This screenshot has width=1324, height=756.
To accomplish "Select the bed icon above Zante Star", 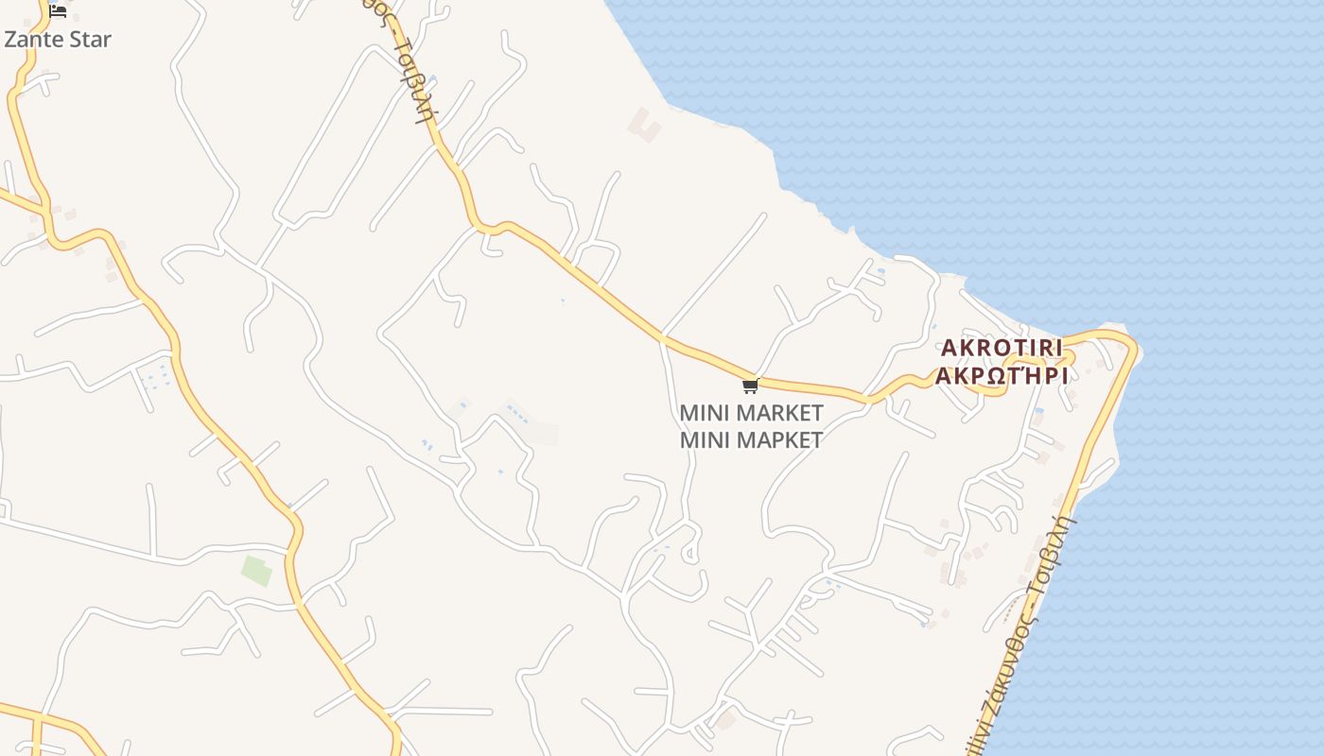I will coord(58,11).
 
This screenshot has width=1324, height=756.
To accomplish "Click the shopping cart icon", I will coord(750,386).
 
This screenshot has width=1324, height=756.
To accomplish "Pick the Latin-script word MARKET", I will coord(779,414).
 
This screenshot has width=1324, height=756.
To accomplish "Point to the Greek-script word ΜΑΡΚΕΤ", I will coord(779,439).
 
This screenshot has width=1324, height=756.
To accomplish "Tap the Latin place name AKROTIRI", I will coord(1002,348).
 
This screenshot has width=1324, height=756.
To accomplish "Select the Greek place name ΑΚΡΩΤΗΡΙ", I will coord(1002,376).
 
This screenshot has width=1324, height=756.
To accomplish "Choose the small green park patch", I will coord(256,571).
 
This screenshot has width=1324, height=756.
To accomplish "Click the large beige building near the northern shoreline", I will coord(646,125).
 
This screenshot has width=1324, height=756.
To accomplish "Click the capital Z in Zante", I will coord(11,40).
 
